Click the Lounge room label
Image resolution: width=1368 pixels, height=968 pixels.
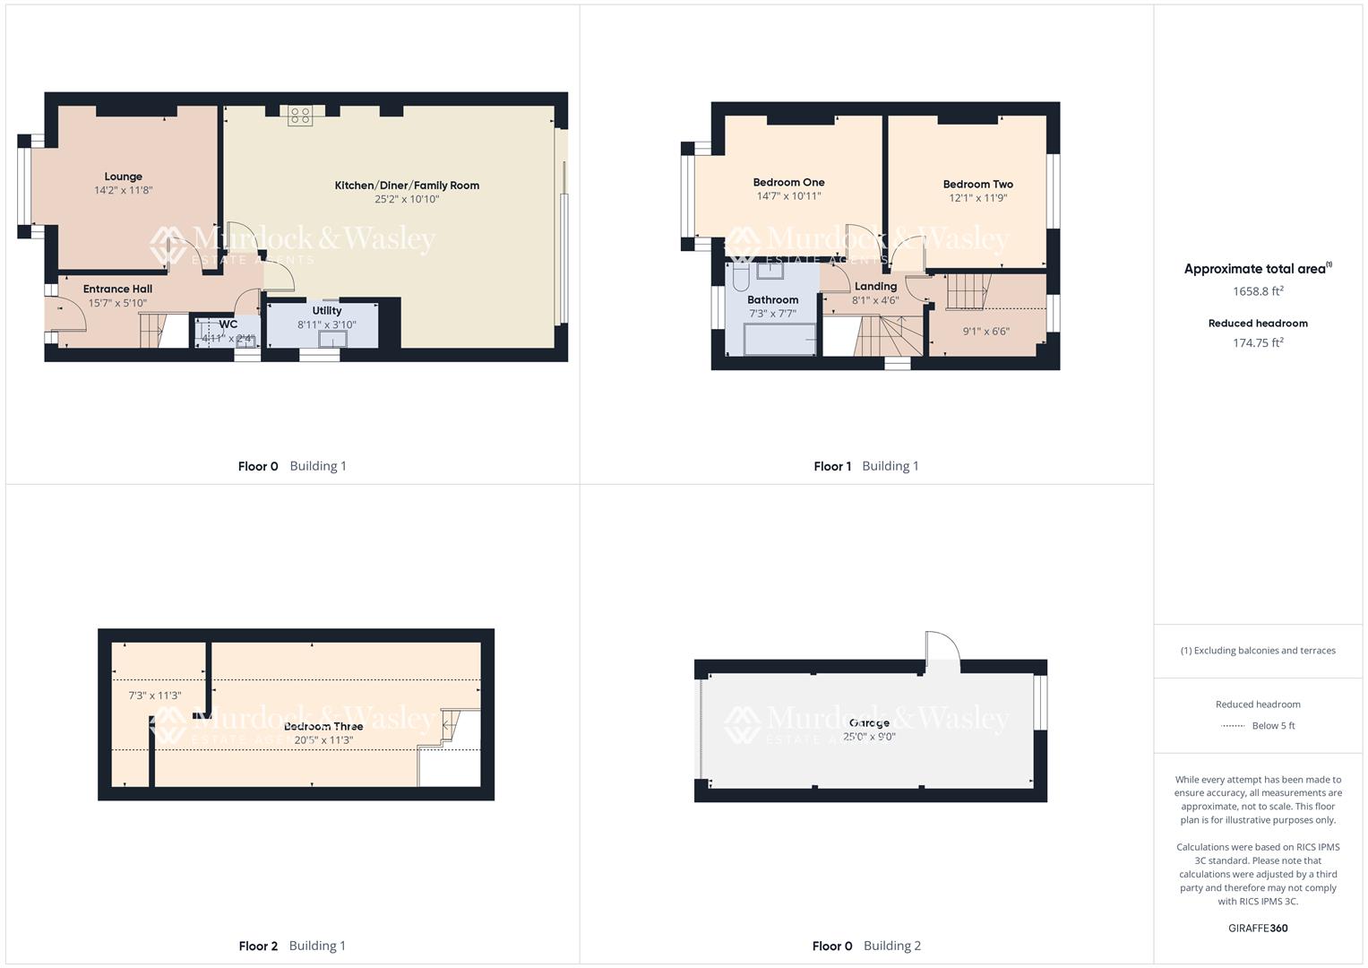[x=123, y=177]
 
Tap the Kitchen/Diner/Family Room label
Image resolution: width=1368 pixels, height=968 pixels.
[x=407, y=186]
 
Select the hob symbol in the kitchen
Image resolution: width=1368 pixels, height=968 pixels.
[x=300, y=116]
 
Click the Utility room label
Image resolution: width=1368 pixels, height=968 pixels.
[x=326, y=311]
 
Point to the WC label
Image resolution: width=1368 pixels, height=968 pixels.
[x=228, y=324]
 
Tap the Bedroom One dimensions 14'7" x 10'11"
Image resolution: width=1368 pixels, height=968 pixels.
[x=788, y=196]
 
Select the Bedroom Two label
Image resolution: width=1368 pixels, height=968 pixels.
[x=977, y=184]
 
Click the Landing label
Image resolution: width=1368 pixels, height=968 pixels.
[x=875, y=287]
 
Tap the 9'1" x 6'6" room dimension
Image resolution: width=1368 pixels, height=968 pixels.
[x=985, y=332]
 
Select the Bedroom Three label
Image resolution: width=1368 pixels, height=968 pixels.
[x=323, y=727]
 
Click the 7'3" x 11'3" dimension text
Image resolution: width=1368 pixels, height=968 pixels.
[x=155, y=696]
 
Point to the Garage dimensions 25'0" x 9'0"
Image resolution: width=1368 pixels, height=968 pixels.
[x=869, y=737]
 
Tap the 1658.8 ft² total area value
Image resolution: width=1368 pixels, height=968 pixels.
[x=1258, y=291]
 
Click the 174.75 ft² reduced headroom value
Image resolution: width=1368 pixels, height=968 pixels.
[x=1258, y=342]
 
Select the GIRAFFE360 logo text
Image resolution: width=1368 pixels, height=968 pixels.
[x=1258, y=929]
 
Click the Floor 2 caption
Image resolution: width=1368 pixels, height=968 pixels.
[x=258, y=946]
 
